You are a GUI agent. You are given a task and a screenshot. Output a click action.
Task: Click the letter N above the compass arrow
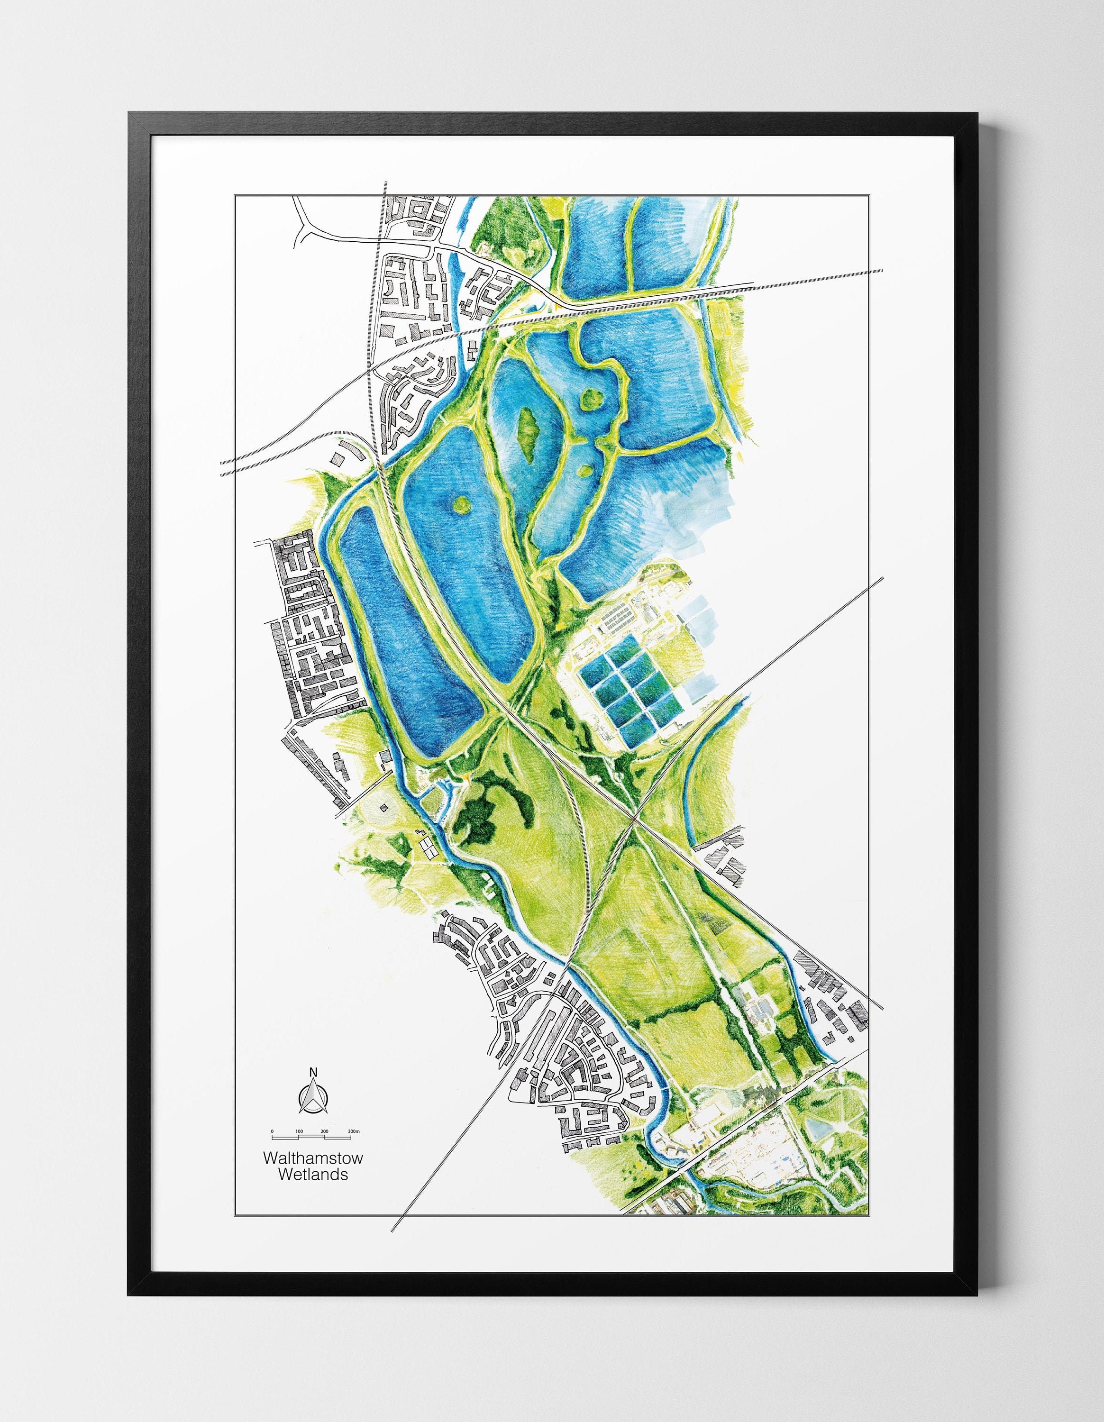[313, 1072]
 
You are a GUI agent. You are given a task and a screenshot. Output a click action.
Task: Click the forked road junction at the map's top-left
[306, 225]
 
